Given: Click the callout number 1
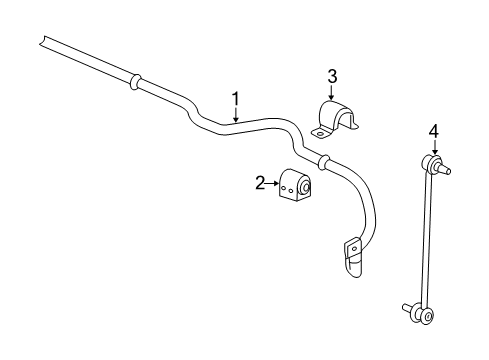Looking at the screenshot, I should click(236, 98).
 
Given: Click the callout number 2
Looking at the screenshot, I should click(261, 182).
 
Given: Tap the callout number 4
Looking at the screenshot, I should click(433, 130).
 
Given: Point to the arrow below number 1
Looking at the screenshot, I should click(236, 114).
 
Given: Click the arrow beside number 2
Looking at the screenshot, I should click(275, 182).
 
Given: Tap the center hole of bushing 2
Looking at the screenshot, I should click(304, 185).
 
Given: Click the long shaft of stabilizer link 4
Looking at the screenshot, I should click(428, 240).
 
